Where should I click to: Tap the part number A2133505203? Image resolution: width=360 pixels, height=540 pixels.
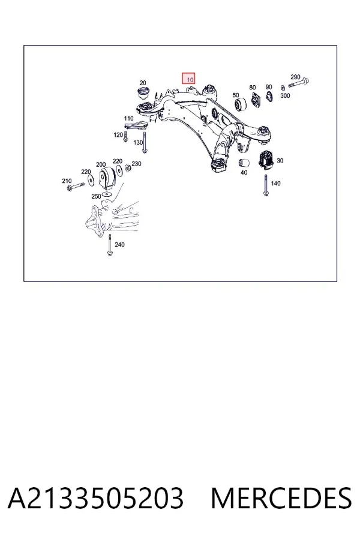tap(95, 499)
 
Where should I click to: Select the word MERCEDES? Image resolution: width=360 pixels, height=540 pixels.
tap(281, 499)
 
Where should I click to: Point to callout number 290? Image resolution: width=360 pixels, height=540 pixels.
tap(295, 77)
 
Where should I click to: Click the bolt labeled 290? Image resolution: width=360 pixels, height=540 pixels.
tap(298, 83)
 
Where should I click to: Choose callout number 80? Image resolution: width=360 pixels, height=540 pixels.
tap(253, 88)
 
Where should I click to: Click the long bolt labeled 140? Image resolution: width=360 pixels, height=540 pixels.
tap(266, 185)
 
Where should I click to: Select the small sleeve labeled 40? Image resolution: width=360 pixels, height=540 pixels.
tap(244, 161)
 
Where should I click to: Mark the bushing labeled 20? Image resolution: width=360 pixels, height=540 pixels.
tap(143, 94)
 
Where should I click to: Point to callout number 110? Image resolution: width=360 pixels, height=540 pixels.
tap(128, 118)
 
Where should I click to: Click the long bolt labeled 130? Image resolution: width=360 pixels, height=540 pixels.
tap(145, 142)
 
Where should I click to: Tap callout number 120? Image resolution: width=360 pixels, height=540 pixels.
tap(118, 134)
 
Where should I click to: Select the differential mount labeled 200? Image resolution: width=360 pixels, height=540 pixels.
tap(107, 179)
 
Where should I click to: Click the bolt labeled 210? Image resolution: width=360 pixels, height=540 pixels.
tap(76, 187)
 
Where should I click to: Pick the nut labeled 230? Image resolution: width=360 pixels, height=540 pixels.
tap(127, 168)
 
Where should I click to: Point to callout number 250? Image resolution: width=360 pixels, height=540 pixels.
tap(96, 196)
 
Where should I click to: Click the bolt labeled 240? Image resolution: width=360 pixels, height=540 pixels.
tap(110, 245)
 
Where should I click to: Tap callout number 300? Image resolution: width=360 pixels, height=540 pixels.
tap(285, 95)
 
